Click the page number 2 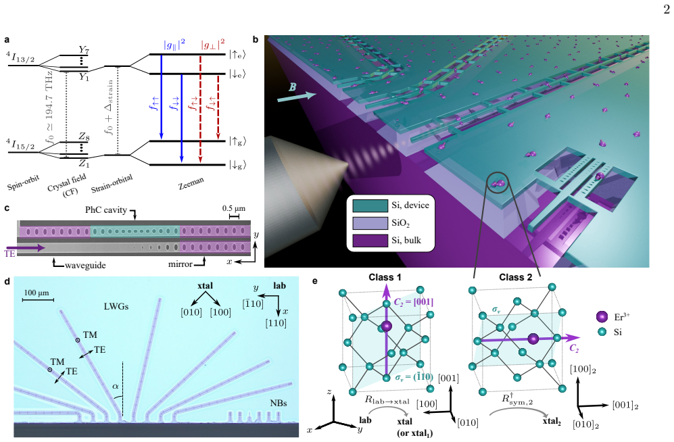click(x=667, y=9)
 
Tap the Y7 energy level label click(x=84, y=50)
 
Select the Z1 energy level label click(x=84, y=163)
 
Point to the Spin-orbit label click(x=23, y=183)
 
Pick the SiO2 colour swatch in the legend click(x=370, y=222)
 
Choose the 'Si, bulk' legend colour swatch click(x=370, y=240)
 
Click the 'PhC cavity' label click(x=105, y=210)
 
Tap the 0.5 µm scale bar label click(x=234, y=208)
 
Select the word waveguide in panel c click(x=85, y=266)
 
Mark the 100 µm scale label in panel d click(x=36, y=293)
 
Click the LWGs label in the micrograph click(x=116, y=306)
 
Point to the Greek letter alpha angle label click(x=115, y=386)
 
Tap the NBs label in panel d click(x=278, y=403)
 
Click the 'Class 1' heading click(x=385, y=277)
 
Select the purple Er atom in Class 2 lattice click(x=533, y=339)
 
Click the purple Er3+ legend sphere click(x=602, y=317)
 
